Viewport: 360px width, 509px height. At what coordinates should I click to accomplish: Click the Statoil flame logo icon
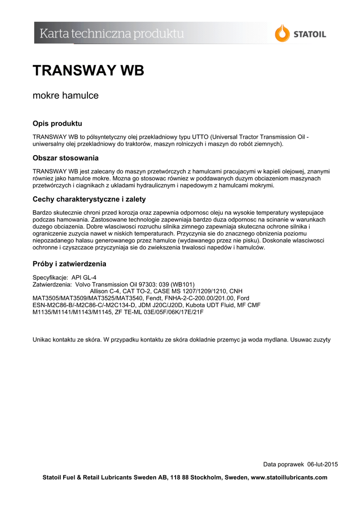282,33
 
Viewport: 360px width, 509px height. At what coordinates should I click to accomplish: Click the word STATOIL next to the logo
309,34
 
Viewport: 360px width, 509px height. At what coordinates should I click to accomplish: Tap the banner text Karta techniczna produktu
112,34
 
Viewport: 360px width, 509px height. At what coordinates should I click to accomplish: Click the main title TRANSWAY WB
88,71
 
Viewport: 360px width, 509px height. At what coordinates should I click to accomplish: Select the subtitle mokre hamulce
65,95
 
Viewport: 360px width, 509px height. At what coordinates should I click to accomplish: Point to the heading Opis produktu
57,123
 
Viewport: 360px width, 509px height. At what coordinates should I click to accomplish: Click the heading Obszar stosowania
65,158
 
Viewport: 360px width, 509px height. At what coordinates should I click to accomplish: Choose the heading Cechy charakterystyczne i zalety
89,199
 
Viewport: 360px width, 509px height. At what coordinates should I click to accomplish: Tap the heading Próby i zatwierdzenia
69,264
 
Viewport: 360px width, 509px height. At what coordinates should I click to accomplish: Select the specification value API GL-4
84,277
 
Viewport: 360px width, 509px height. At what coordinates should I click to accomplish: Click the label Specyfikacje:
50,277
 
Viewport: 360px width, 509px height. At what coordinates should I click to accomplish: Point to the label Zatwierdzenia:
52,284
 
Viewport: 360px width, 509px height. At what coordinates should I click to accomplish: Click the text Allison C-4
106,291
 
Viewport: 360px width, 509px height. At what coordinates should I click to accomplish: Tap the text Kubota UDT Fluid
208,305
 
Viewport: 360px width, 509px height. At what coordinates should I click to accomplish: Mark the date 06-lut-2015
323,464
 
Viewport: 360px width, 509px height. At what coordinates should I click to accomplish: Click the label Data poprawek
283,464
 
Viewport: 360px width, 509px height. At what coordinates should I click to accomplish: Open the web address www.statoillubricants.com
290,478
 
